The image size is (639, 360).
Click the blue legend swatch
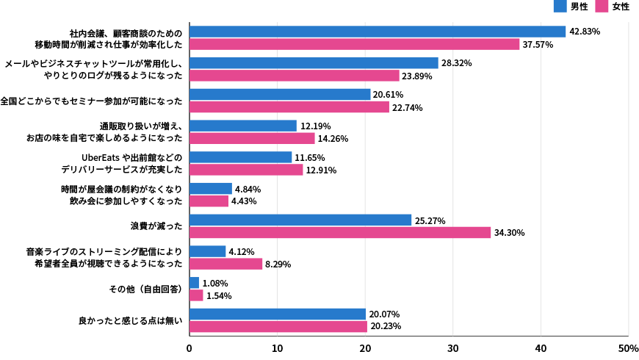click(x=560, y=6)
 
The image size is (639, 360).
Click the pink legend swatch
click(x=602, y=6)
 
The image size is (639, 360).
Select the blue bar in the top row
click(x=378, y=32)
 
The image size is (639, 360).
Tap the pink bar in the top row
click(x=354, y=44)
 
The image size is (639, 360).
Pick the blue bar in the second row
click(x=314, y=63)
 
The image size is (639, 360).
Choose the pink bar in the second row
click(x=294, y=76)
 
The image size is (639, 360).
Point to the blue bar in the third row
click(x=280, y=94)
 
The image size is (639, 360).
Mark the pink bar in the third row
click(x=289, y=107)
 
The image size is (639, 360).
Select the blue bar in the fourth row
click(x=242, y=126)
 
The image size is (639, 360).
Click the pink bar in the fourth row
click(x=252, y=138)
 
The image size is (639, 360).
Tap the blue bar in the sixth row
click(x=210, y=189)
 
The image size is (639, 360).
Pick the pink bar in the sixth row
click(x=209, y=201)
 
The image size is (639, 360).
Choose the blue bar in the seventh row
click(x=300, y=220)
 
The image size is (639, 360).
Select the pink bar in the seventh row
click(x=340, y=233)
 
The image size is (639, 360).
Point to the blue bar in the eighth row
click(x=207, y=251)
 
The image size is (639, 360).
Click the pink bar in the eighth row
click(x=225, y=264)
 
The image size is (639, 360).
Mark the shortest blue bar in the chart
click(x=194, y=283)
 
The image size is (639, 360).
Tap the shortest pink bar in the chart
click(x=196, y=295)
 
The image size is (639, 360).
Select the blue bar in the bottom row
click(x=278, y=314)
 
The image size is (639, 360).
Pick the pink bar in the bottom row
click(x=278, y=327)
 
